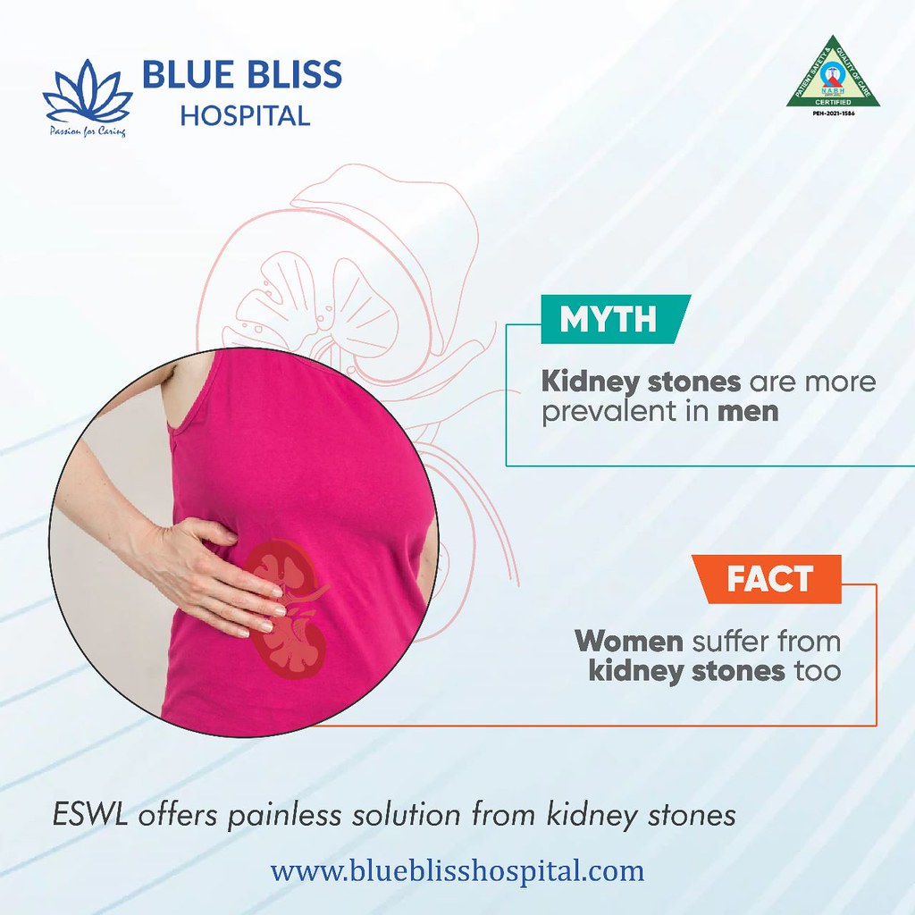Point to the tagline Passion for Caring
click(x=86, y=132)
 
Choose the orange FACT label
click(x=768, y=579)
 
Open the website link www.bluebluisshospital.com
click(x=457, y=870)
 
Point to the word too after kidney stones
click(x=818, y=671)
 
